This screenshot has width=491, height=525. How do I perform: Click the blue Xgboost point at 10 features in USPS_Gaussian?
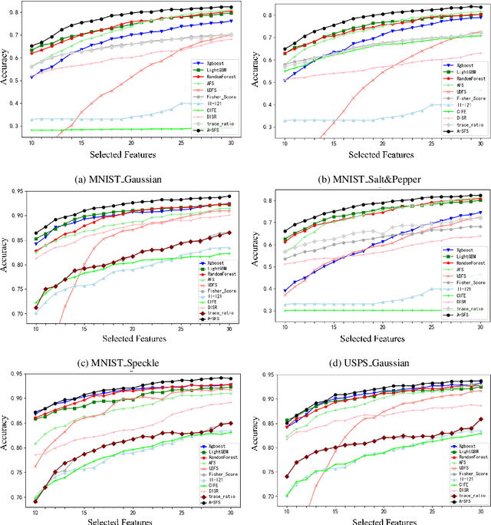click(285, 291)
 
